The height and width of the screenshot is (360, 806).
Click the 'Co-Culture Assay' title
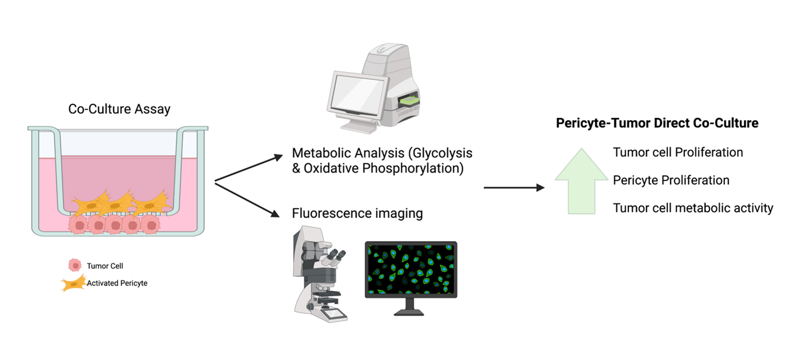[x=119, y=109]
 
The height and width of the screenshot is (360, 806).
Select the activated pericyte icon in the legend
[x=73, y=283]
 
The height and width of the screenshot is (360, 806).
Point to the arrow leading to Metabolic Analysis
[x=248, y=168]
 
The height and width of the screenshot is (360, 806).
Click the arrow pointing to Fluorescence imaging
[x=248, y=198]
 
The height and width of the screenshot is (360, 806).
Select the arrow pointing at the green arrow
[x=514, y=187]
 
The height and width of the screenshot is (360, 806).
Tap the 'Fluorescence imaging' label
[x=357, y=214]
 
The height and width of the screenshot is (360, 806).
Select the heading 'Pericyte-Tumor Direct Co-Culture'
[x=657, y=123]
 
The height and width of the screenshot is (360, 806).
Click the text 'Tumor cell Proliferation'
[x=678, y=153]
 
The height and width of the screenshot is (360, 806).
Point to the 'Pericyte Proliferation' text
[x=671, y=180]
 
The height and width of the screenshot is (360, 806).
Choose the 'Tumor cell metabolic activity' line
[x=693, y=208]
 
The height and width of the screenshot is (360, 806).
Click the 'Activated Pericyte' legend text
[x=117, y=283]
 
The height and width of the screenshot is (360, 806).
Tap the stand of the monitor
[x=410, y=307]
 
